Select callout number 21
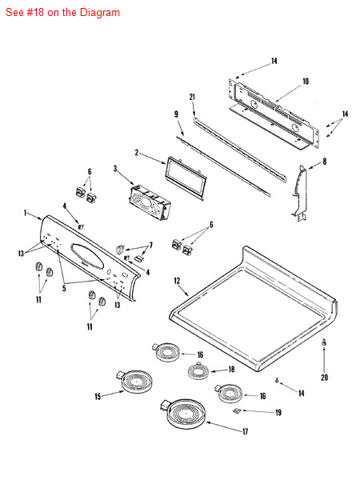[193, 98]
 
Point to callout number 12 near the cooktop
[177, 281]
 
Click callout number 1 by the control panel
[26, 213]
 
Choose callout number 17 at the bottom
[246, 431]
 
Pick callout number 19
[278, 413]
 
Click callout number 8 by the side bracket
[324, 162]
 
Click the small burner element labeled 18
[198, 370]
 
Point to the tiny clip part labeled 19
[237, 410]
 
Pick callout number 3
[115, 169]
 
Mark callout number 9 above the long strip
[175, 114]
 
